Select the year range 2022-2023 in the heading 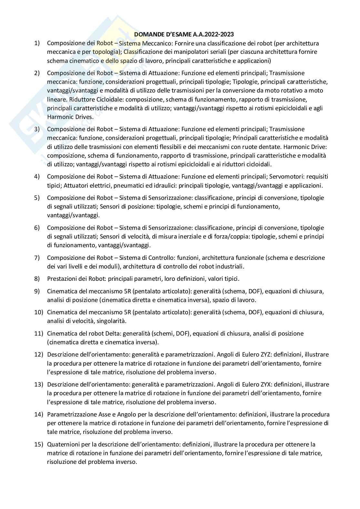220,34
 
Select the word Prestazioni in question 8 62,279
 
